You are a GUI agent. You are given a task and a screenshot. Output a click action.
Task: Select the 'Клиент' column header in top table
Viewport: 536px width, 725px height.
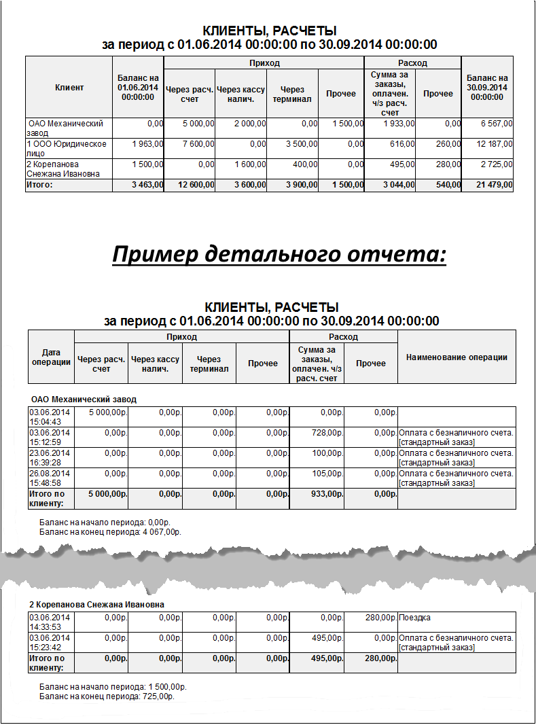(x=69, y=87)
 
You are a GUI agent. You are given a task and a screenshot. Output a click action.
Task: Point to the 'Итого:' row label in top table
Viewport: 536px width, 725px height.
(x=41, y=185)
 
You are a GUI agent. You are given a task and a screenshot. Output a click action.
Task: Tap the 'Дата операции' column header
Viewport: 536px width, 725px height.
(x=51, y=357)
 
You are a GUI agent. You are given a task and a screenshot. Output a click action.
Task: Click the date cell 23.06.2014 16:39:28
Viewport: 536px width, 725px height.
(x=49, y=457)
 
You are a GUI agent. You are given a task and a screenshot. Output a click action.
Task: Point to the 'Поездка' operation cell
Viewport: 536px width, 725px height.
(x=414, y=618)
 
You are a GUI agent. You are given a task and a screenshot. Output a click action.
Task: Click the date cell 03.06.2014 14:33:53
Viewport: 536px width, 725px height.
(x=49, y=622)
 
